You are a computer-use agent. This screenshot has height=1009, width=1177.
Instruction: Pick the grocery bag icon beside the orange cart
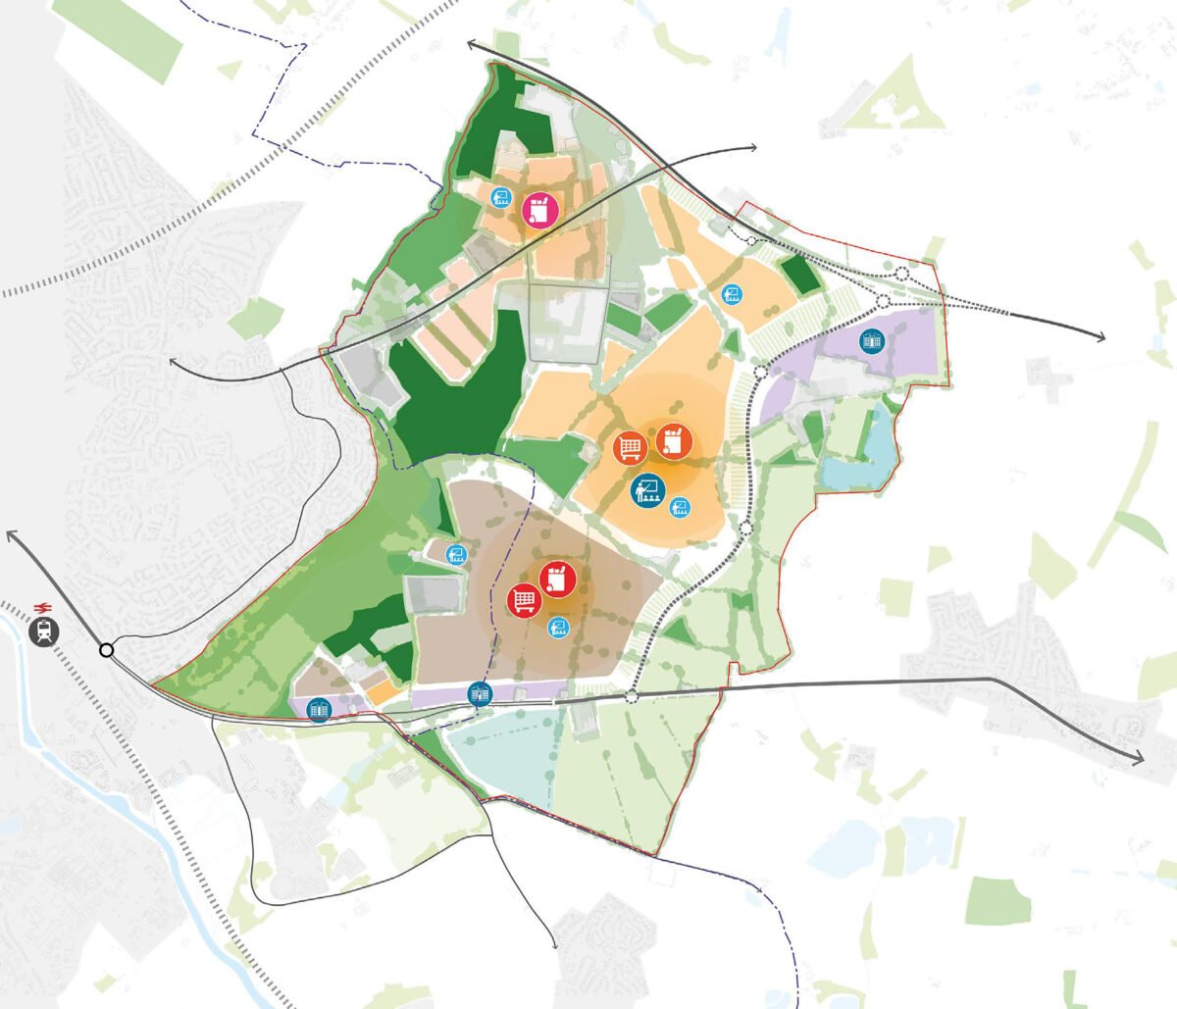pyautogui.click(x=673, y=441)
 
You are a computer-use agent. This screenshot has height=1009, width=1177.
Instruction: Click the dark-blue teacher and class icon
pyautogui.click(x=645, y=490)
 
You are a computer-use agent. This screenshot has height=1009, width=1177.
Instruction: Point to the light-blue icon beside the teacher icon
pyautogui.click(x=680, y=507)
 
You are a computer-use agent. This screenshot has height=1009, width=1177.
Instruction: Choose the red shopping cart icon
pyautogui.click(x=525, y=599)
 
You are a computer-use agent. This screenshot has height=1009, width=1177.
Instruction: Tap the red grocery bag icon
pyautogui.click(x=558, y=579)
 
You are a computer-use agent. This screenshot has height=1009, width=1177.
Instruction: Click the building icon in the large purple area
pyautogui.click(x=870, y=340)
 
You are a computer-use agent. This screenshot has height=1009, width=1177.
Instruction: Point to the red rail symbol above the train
pyautogui.click(x=43, y=605)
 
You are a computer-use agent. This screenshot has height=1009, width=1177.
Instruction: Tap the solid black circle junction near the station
pyautogui.click(x=106, y=649)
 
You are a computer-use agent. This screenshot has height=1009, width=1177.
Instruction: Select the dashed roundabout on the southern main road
pyautogui.click(x=631, y=696)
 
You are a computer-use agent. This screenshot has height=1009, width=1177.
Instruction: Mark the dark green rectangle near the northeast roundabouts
pyautogui.click(x=799, y=276)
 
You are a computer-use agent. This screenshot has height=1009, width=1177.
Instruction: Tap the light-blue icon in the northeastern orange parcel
pyautogui.click(x=730, y=293)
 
